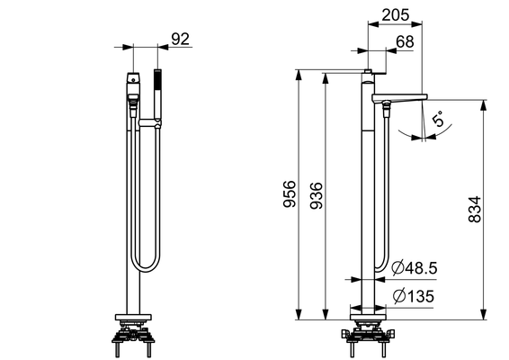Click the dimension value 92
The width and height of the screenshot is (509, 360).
(180, 40)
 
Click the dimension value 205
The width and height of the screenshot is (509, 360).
(396, 15)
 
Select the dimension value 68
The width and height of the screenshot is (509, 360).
(405, 42)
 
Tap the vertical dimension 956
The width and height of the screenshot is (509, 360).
(290, 194)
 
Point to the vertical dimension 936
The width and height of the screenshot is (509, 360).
(317, 195)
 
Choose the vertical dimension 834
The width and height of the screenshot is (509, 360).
(474, 209)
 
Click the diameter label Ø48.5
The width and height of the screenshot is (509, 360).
(415, 268)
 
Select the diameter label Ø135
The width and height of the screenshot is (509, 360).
(414, 296)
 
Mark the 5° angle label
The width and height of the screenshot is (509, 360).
(438, 119)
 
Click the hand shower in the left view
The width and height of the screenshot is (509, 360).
(157, 94)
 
